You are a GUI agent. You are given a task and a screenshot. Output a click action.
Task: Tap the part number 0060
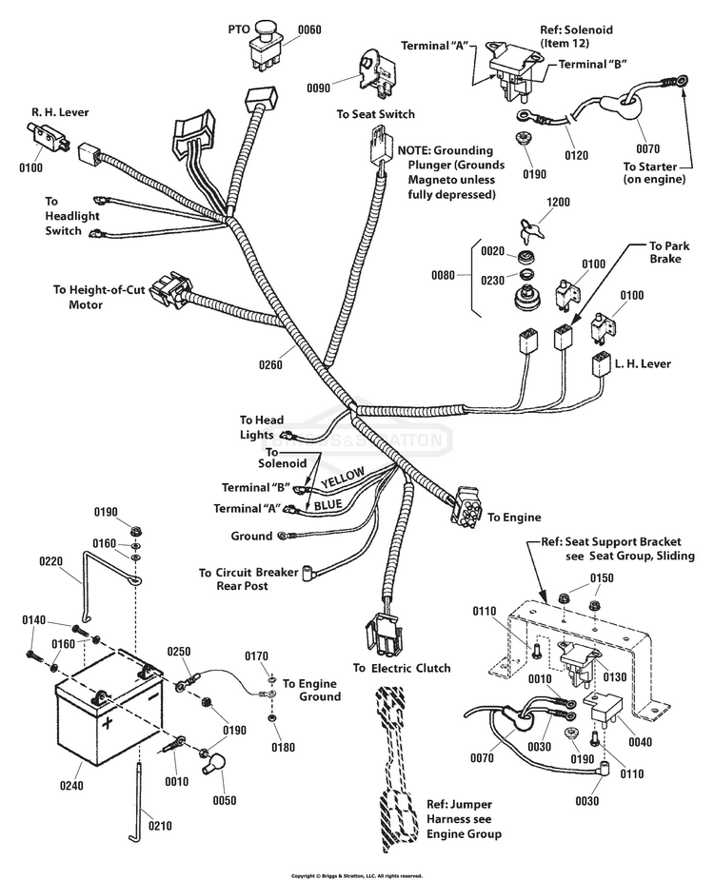pyautogui.click(x=310, y=29)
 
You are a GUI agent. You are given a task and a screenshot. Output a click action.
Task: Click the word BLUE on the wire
pyautogui.click(x=327, y=504)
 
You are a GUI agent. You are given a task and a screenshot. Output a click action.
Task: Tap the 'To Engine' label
pyautogui.click(x=514, y=518)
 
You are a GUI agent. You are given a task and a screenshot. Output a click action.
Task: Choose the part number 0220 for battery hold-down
pyautogui.click(x=52, y=561)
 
